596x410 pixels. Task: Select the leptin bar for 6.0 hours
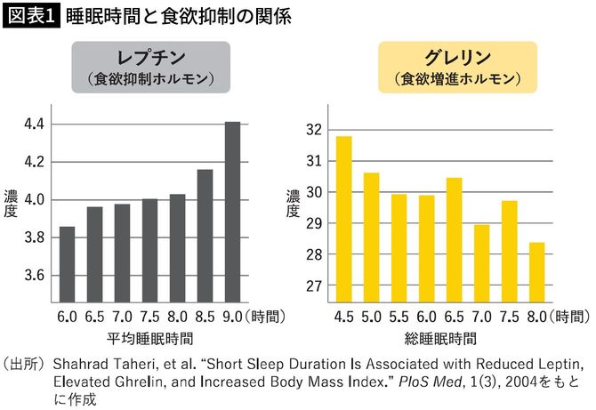coord(67,264)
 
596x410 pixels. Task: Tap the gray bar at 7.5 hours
coord(149,250)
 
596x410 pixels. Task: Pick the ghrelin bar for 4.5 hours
coord(344,219)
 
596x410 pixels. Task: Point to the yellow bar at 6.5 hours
coord(453,239)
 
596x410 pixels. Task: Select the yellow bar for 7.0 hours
coord(480,262)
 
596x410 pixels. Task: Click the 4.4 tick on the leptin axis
coord(35,125)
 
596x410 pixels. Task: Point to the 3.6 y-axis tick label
coord(35,275)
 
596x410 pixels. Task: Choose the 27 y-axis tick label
coord(310,286)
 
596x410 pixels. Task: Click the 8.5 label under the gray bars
coord(205,316)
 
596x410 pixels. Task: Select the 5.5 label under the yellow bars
coord(399,316)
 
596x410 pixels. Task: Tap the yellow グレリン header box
coord(459,68)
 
